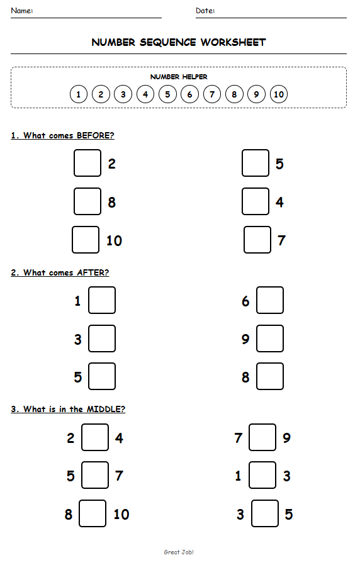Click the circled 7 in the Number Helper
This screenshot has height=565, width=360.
click(x=212, y=95)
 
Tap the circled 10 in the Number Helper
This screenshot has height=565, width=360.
click(x=279, y=95)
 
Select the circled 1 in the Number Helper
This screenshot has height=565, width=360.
click(x=78, y=95)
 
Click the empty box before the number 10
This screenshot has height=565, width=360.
click(x=86, y=240)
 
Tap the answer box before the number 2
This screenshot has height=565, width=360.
click(x=87, y=163)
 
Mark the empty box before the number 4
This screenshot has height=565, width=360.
click(x=256, y=201)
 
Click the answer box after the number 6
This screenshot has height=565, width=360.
click(x=270, y=300)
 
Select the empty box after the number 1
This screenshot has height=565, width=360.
click(x=102, y=300)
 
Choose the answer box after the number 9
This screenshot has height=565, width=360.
click(x=270, y=338)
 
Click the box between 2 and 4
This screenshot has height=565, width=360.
click(x=95, y=437)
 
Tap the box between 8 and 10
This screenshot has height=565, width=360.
click(x=93, y=513)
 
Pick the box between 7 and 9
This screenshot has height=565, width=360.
click(x=262, y=437)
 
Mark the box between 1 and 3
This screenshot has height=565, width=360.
click(x=262, y=475)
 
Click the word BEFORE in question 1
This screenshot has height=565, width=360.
click(x=95, y=135)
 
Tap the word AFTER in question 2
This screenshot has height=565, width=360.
click(x=93, y=272)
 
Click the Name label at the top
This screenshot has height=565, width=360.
click(x=22, y=11)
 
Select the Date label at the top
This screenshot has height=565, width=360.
click(x=205, y=11)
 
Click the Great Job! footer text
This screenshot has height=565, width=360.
click(x=179, y=552)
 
